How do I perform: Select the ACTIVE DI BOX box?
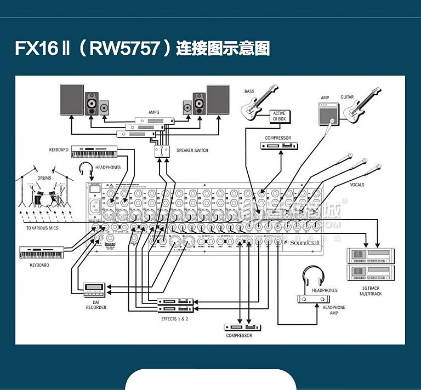click(279, 117)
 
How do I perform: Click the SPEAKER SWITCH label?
click(192, 151)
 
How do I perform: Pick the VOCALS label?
click(357, 185)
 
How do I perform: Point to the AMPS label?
click(153, 112)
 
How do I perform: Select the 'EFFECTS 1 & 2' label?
click(174, 318)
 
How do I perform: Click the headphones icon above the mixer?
click(87, 169)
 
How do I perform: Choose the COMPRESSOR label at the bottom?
click(239, 335)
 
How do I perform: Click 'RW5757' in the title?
click(123, 48)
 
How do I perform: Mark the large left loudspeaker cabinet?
click(72, 100)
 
